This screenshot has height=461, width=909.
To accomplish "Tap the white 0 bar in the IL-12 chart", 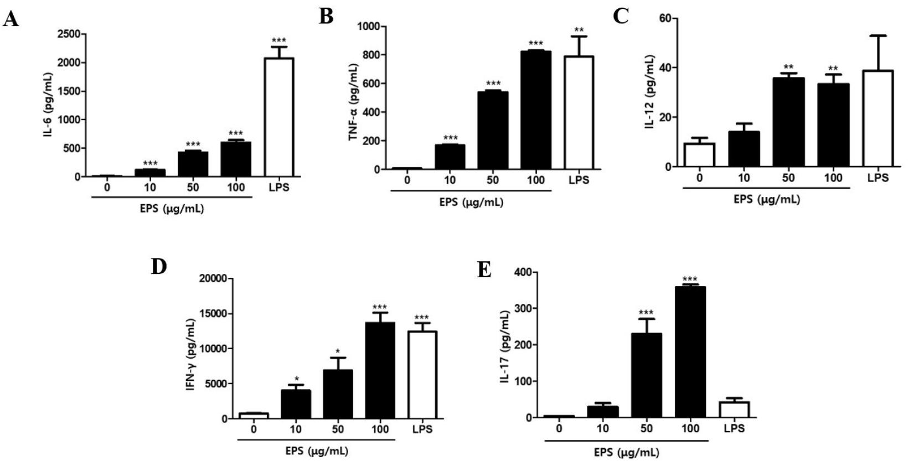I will point(699,155).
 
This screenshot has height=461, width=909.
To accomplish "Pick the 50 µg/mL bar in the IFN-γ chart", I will point(338,394).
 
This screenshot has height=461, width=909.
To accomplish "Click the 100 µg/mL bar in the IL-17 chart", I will point(690,352).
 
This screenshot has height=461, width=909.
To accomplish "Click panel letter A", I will point(11,20).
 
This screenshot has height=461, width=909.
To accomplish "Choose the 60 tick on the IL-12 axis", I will point(665,18).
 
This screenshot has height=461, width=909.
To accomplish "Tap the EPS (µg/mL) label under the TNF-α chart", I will point(471,202).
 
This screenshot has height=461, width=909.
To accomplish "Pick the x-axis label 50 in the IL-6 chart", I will point(193,187).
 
